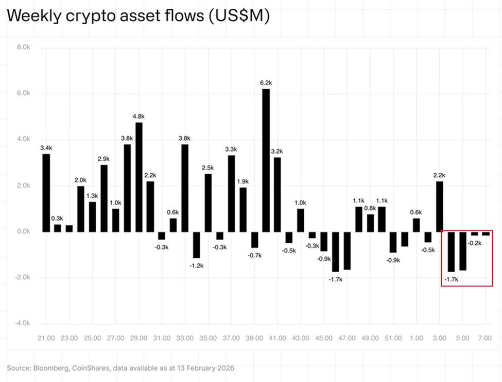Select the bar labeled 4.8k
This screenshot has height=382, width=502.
coord(139,177)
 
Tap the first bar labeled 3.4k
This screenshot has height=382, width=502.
coord(46,193)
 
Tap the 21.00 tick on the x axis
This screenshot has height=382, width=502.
coord(46,338)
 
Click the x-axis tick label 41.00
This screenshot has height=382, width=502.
coord(278,338)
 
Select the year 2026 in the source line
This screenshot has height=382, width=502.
coord(224,368)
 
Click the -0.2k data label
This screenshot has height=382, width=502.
coord(474,243)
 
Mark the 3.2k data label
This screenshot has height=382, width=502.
coord(278,151)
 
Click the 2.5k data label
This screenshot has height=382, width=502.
coord(208,168)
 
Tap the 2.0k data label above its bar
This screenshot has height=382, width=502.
coord(81,180)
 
